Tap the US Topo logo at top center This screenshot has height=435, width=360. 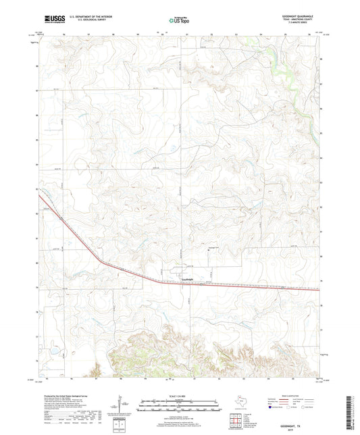click(178, 20)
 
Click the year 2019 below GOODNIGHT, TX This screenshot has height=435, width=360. click(294, 429)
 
